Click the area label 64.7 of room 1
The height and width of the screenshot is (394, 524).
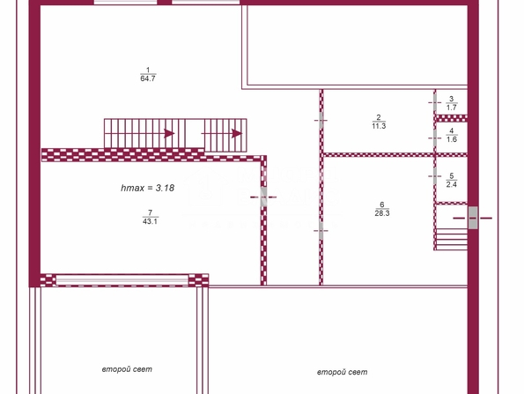point(148,78)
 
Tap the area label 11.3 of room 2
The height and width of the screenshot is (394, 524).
point(379,126)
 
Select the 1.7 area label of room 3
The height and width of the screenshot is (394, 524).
point(452,108)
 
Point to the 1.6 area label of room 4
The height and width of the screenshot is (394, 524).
point(452,139)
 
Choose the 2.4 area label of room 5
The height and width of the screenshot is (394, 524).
point(452,184)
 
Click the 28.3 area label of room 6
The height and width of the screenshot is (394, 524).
point(382,213)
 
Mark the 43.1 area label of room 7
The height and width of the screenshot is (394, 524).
point(150,221)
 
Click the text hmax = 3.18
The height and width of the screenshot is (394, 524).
point(147,188)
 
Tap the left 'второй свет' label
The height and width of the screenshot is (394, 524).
point(127,369)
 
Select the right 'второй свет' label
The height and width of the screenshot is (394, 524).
point(343,372)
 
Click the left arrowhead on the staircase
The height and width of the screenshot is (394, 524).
point(169,133)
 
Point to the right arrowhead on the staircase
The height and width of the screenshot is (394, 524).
point(237,133)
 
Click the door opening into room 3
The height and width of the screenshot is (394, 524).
point(435,102)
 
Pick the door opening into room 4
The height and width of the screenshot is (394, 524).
point(435,138)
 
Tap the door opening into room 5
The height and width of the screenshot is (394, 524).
point(435,176)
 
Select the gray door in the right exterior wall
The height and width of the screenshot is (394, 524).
point(473,218)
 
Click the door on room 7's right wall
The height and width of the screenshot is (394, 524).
point(263,197)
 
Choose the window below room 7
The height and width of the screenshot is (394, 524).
point(122,280)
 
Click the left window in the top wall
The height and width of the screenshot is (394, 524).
point(125,3)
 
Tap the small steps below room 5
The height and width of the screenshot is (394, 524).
point(452,239)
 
